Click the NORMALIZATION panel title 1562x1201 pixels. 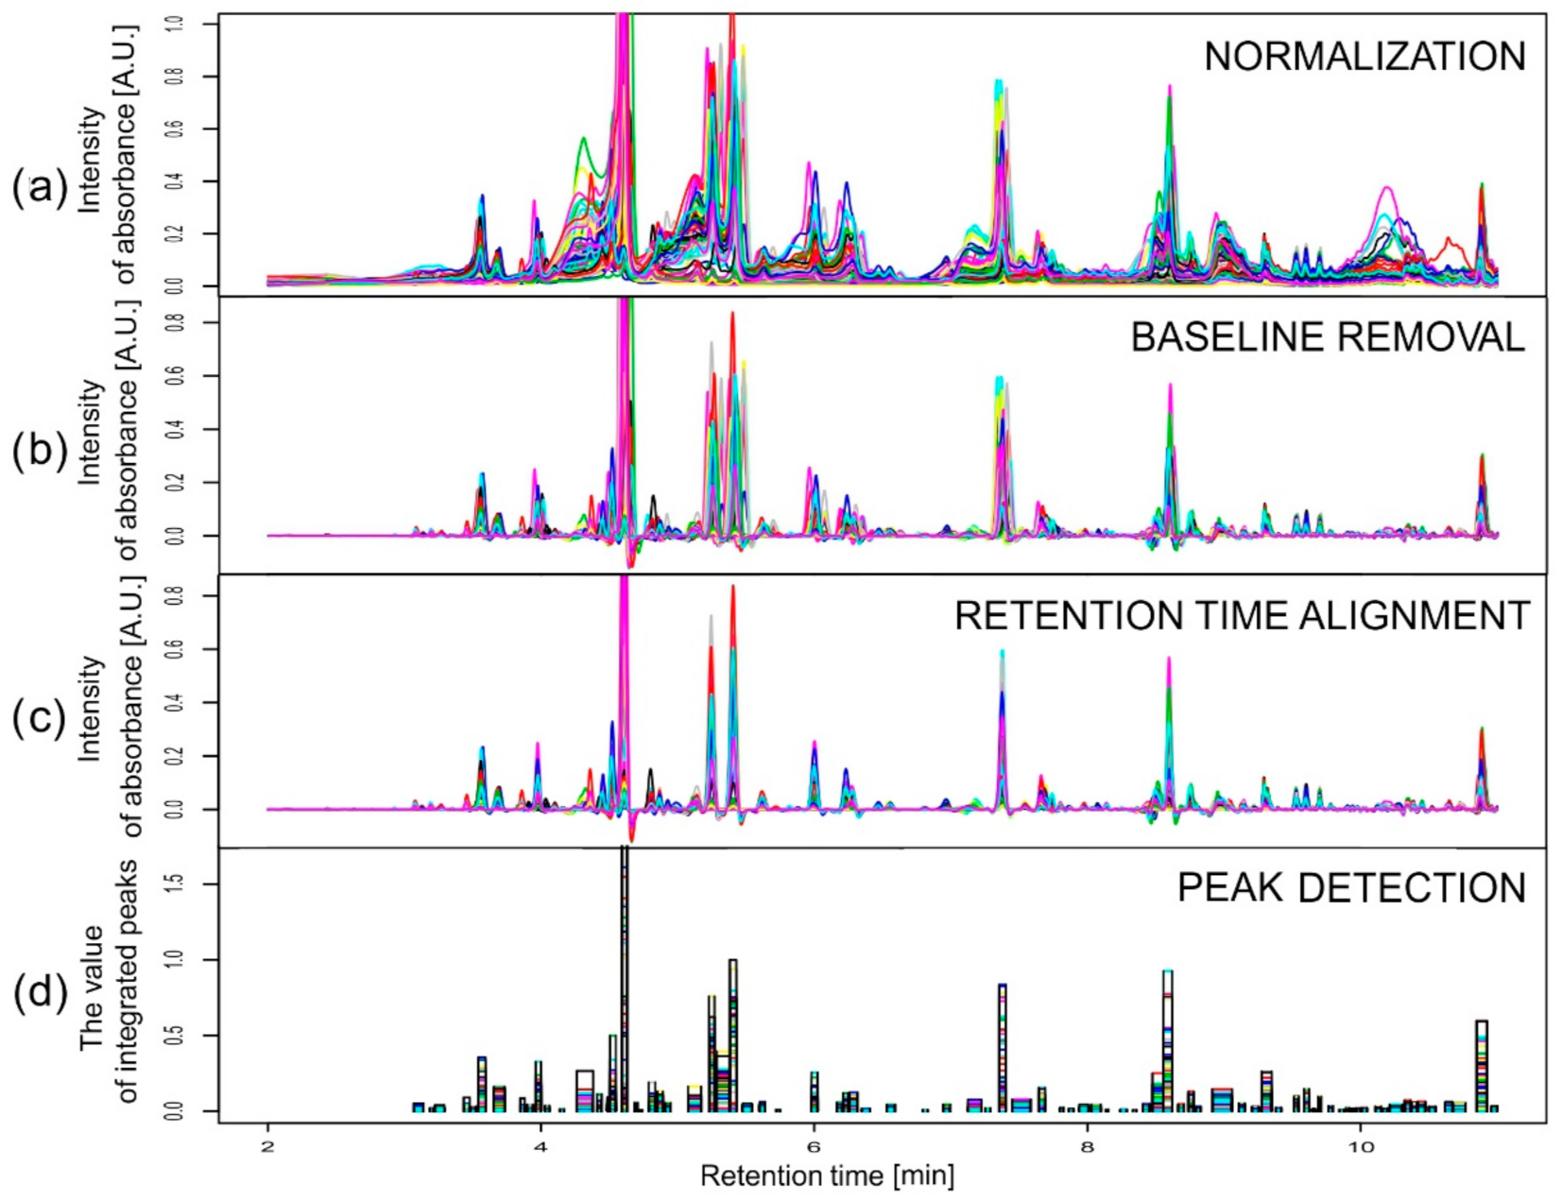click(1364, 57)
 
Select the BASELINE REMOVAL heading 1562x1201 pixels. click(1327, 337)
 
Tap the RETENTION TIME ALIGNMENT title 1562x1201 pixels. click(1241, 615)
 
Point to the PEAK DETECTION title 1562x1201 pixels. click(1350, 887)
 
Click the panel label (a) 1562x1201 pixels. click(40, 189)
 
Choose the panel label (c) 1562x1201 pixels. click(40, 718)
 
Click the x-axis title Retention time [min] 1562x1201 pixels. click(827, 1176)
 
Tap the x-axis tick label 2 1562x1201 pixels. click(268, 1146)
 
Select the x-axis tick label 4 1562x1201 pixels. click(541, 1146)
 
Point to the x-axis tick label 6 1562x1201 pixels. click(814, 1146)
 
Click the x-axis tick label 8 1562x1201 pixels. click(1087, 1146)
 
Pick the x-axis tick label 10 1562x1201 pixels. click(1360, 1146)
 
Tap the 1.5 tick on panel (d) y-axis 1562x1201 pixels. click(177, 884)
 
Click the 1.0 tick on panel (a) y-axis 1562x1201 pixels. click(177, 24)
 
